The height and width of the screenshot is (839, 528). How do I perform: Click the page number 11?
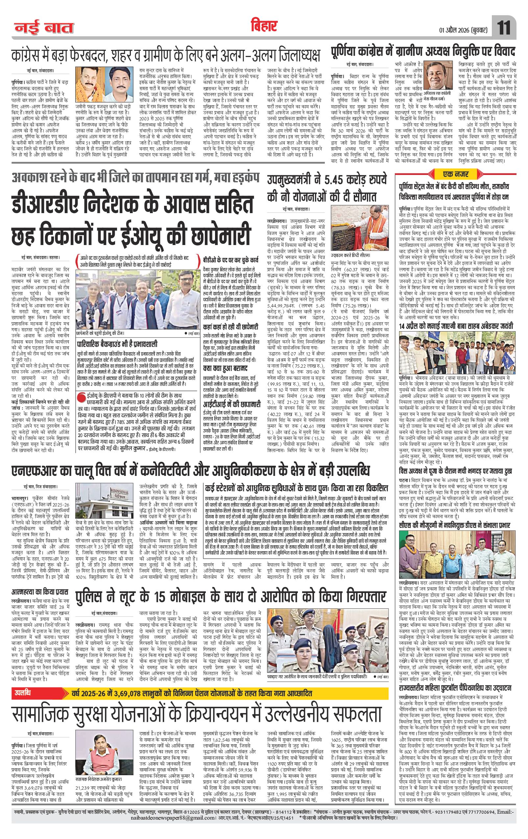[x=504, y=27]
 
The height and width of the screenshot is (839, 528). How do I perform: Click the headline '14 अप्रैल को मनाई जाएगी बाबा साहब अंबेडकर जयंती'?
[x=456, y=326]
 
